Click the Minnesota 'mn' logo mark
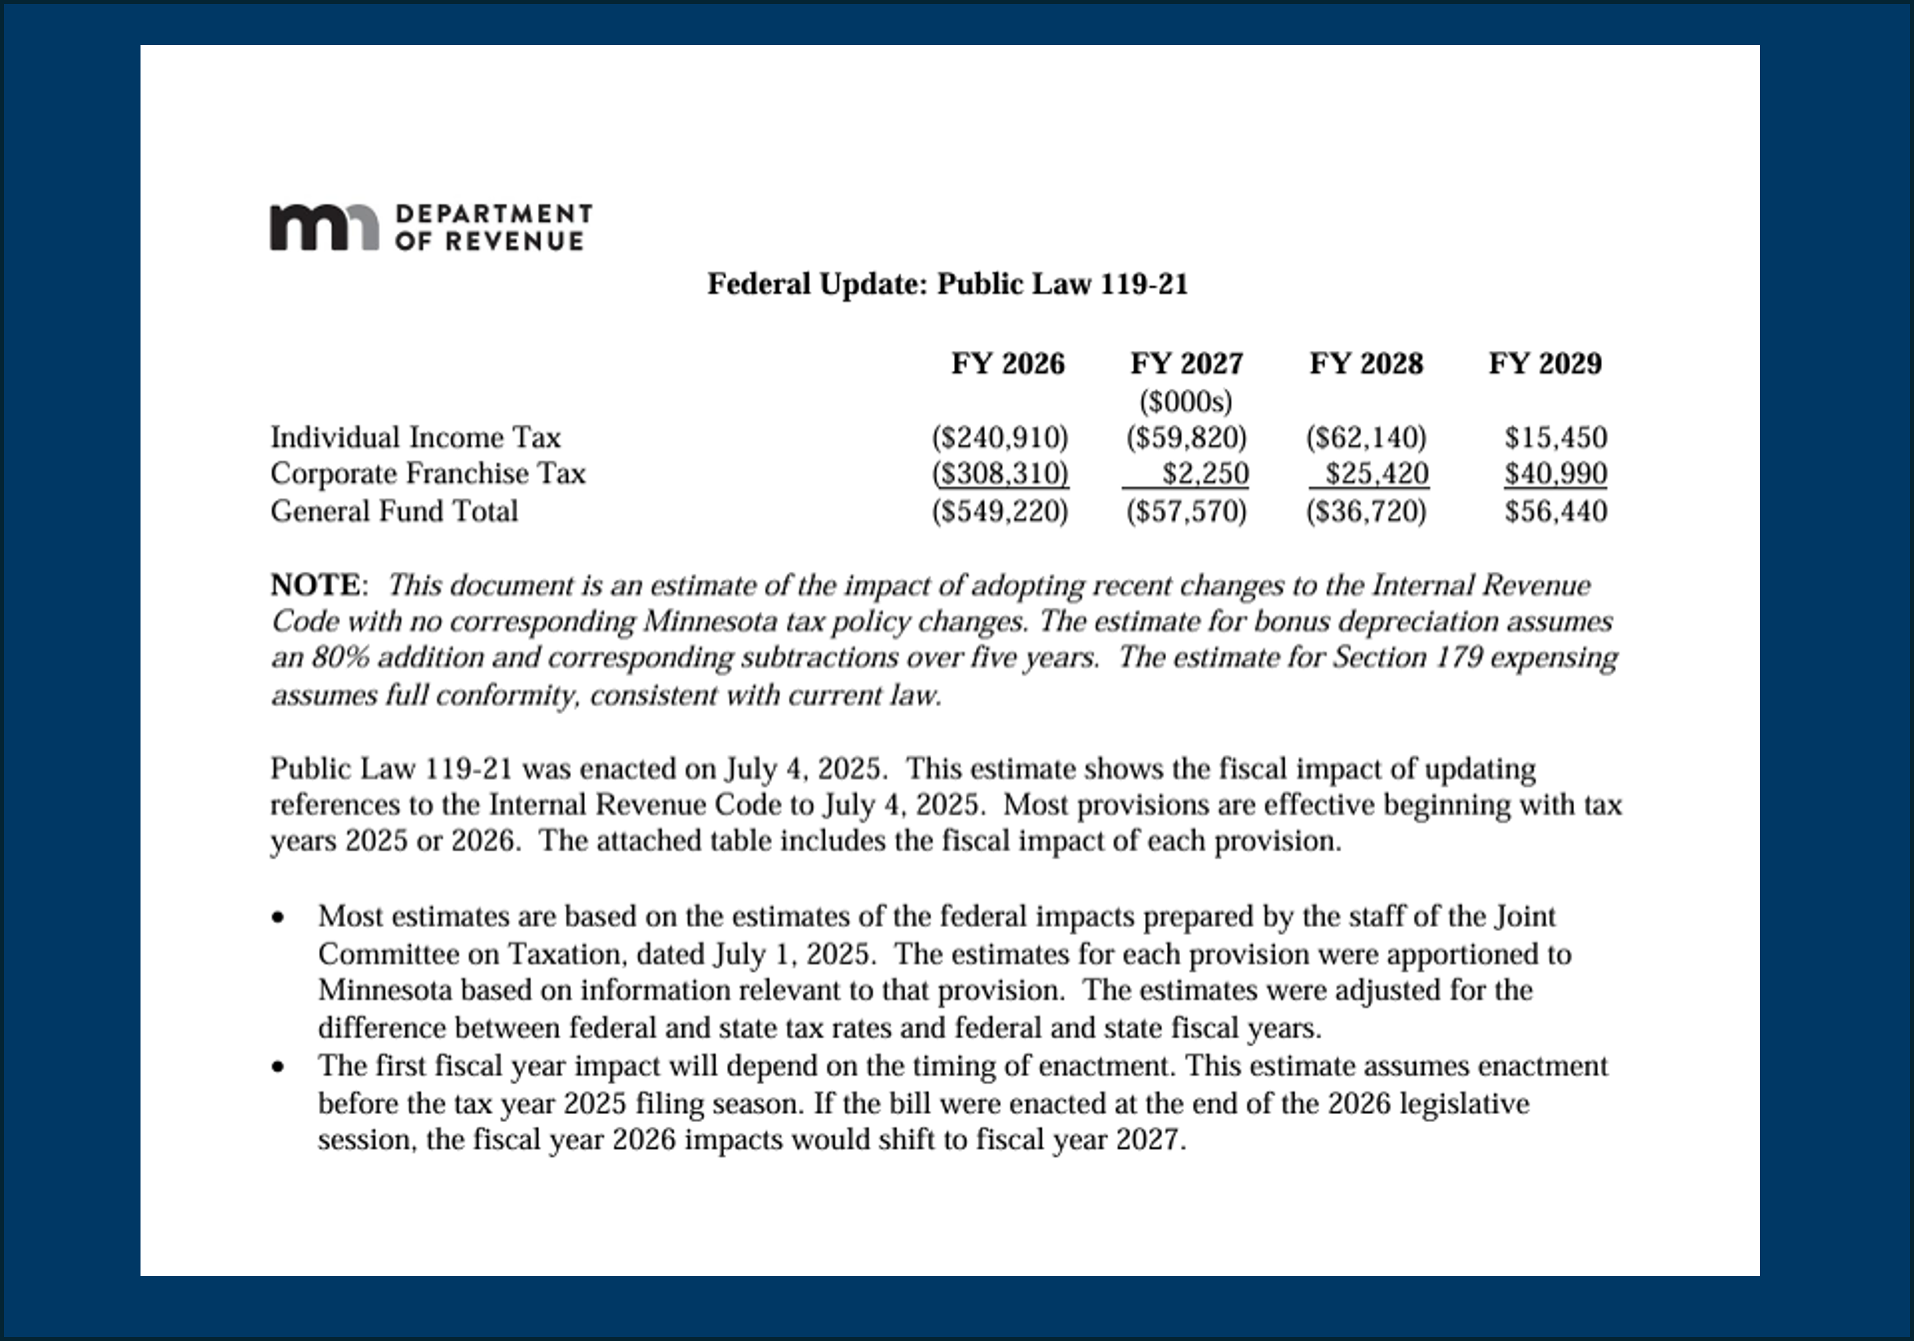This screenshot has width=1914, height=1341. click(x=324, y=227)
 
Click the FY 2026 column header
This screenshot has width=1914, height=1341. click(x=1008, y=363)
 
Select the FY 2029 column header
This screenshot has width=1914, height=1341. click(x=1545, y=363)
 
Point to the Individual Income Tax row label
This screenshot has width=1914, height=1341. click(x=415, y=438)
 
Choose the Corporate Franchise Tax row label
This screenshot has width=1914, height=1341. click(x=428, y=473)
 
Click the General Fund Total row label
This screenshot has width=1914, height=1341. click(x=394, y=511)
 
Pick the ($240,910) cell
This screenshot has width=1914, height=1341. click(x=1000, y=438)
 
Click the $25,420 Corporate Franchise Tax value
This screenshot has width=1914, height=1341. click(x=1377, y=473)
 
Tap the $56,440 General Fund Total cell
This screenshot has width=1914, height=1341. click(x=1556, y=511)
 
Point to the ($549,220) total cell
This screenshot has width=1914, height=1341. click(x=1000, y=511)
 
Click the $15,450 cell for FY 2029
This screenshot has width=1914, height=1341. click(x=1556, y=438)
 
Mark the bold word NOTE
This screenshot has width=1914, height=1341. click(x=315, y=585)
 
